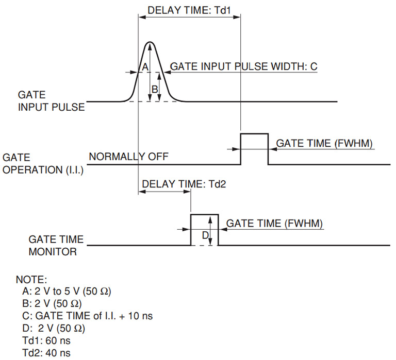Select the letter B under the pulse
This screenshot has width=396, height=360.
(154, 88)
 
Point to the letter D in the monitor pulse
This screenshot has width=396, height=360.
(205, 235)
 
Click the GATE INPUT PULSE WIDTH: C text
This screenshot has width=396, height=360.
(243, 67)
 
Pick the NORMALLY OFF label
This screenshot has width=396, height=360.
(128, 157)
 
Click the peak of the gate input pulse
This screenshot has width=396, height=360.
(150, 43)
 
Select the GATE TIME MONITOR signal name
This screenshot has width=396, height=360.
(52, 246)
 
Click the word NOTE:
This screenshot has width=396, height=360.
(31, 280)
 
